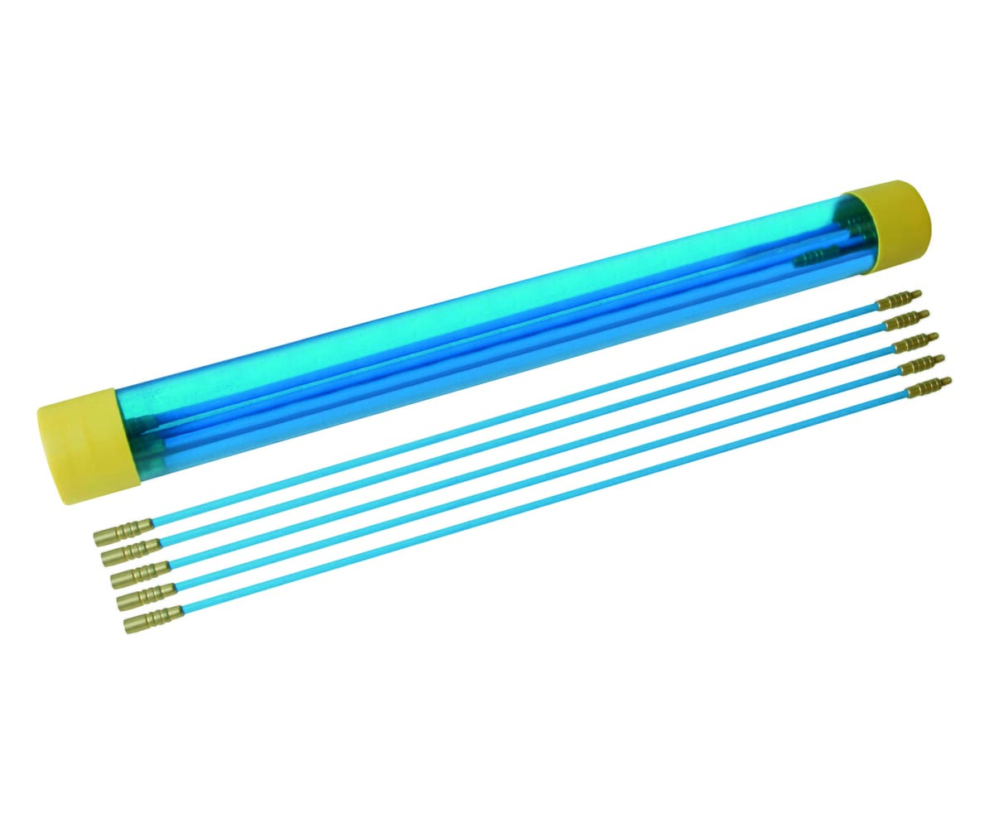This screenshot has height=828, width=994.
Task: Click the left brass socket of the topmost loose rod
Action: pyautogui.click(x=123, y=532)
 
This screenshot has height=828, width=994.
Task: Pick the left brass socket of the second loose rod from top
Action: pyautogui.click(x=131, y=551)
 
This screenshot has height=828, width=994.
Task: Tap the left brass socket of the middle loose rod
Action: pyautogui.click(x=140, y=571)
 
